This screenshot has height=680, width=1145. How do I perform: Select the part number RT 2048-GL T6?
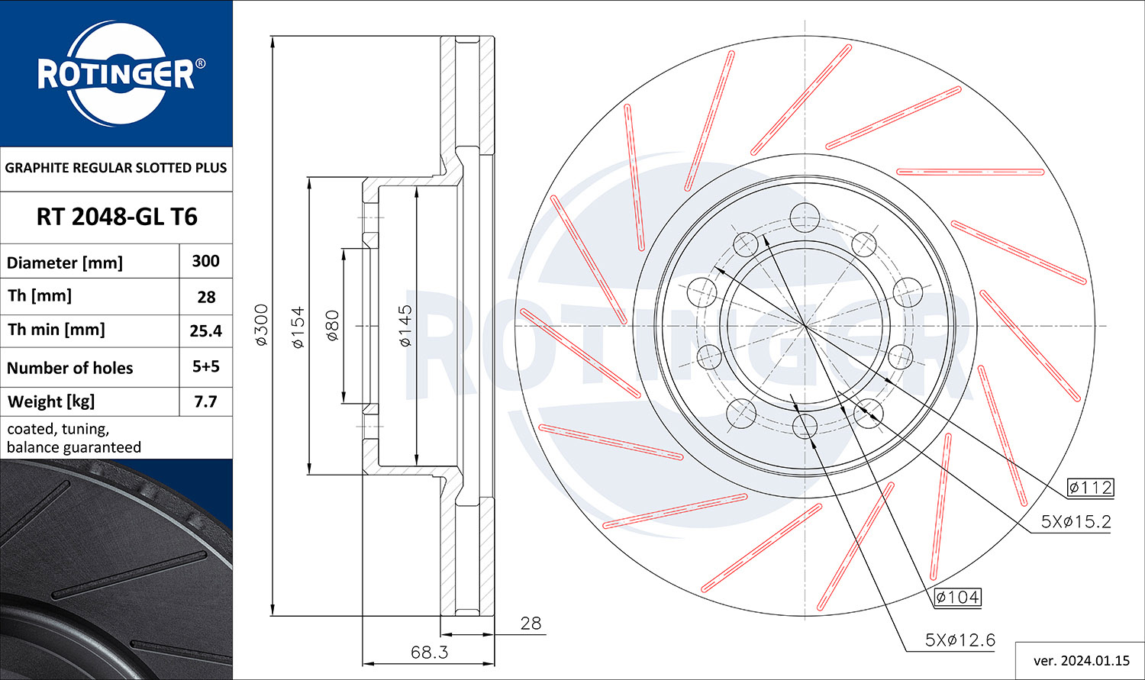click(117, 217)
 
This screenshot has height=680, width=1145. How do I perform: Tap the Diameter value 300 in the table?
click(205, 261)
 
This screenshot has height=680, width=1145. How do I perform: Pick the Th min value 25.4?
click(205, 331)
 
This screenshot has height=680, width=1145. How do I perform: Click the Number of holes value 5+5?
click(205, 366)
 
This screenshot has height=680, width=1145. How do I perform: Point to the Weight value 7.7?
click(205, 401)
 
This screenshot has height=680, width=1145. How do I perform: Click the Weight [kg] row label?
click(51, 401)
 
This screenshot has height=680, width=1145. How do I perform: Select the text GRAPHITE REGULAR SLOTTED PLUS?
click(116, 168)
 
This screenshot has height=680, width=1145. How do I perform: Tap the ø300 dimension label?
click(261, 325)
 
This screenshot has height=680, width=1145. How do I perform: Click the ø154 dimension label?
click(298, 327)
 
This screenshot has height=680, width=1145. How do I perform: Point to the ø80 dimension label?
click(332, 325)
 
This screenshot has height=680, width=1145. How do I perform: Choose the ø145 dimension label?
click(405, 326)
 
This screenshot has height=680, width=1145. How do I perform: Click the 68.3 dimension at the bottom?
click(429, 653)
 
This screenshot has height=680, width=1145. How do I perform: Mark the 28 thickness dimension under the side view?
click(531, 624)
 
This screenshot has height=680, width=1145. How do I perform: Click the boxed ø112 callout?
click(1090, 488)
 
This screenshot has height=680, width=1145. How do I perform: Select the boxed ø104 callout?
click(957, 597)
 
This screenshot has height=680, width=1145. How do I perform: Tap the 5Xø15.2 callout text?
click(1076, 521)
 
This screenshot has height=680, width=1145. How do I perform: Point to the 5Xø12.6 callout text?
click(960, 640)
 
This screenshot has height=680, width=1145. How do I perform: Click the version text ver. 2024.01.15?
click(1082, 661)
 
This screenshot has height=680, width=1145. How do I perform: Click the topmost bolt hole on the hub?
click(805, 218)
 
